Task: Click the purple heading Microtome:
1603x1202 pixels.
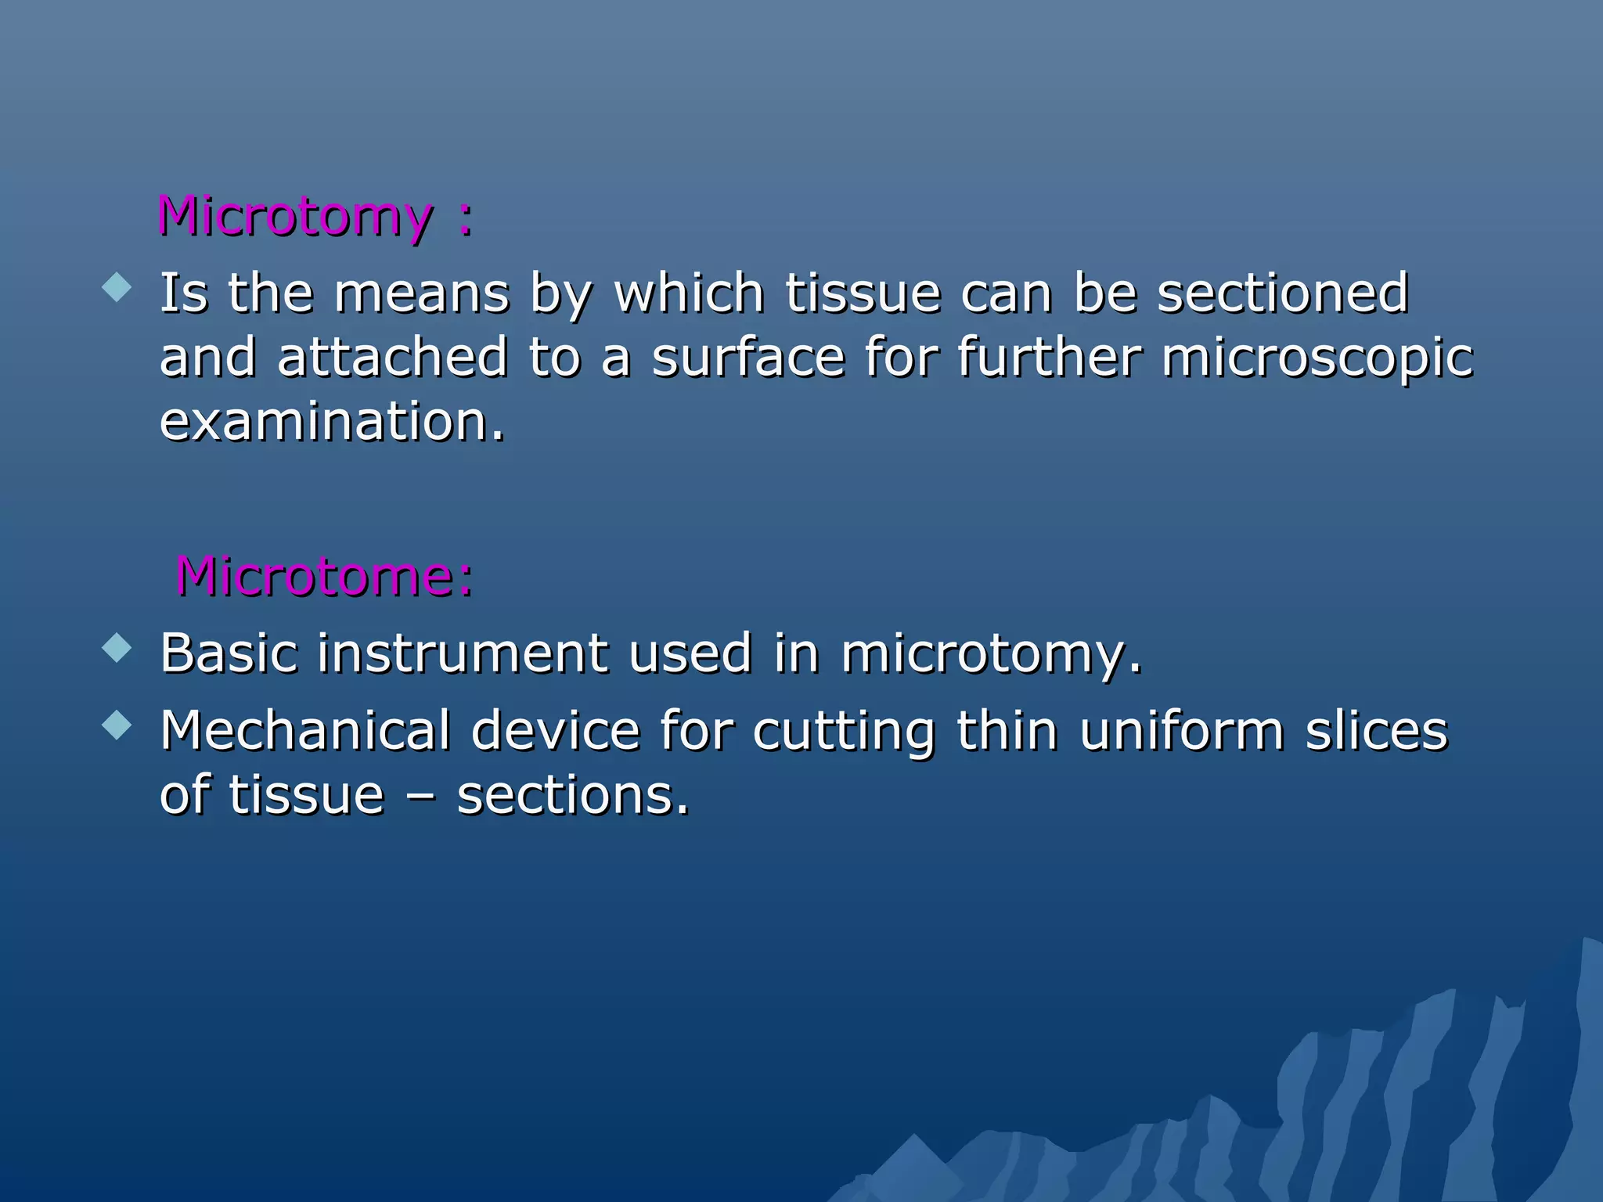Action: point(324,578)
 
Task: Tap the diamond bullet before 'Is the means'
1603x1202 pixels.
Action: point(117,286)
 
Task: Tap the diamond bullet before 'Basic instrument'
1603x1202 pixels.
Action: point(117,647)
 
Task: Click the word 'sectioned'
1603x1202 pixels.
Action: point(1283,293)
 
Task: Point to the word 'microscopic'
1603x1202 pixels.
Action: point(1317,358)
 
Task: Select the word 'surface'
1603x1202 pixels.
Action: point(748,358)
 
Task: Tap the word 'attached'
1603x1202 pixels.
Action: point(392,358)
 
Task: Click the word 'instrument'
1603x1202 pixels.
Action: point(462,653)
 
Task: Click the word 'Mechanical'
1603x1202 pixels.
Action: point(305,731)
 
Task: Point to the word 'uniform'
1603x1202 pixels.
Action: point(1182,731)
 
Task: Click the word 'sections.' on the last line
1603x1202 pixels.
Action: point(573,796)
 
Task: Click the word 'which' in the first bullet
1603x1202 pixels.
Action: point(689,293)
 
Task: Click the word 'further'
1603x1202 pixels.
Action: point(1049,358)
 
